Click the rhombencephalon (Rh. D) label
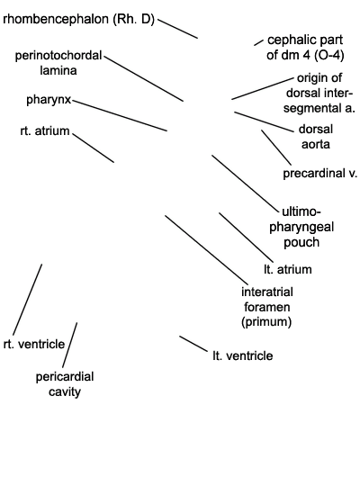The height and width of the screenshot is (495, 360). click(78, 20)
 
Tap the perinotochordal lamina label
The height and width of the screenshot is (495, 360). click(58, 62)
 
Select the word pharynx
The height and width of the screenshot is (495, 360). click(49, 100)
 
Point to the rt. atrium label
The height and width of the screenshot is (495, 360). click(45, 130)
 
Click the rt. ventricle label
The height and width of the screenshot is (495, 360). click(34, 344)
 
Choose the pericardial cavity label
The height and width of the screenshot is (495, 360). click(65, 384)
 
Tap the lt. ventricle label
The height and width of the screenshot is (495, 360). click(242, 355)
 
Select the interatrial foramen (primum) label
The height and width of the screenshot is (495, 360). click(266, 307)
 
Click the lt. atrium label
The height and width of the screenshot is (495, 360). click(288, 269)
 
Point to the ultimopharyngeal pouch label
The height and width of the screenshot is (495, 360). click(301, 227)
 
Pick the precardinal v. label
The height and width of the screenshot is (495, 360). click(319, 174)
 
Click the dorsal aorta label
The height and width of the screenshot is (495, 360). click(316, 137)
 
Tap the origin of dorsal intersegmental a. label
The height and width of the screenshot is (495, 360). click(319, 93)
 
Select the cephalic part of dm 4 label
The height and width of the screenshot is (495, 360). click(305, 48)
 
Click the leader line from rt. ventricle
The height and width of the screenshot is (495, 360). click(28, 300)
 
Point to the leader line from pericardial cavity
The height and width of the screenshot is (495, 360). click(70, 345)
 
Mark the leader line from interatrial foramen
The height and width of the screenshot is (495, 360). click(206, 249)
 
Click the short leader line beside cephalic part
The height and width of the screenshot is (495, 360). click(258, 42)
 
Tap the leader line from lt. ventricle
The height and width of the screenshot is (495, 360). click(193, 344)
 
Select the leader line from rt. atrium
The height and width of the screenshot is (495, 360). click(94, 148)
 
